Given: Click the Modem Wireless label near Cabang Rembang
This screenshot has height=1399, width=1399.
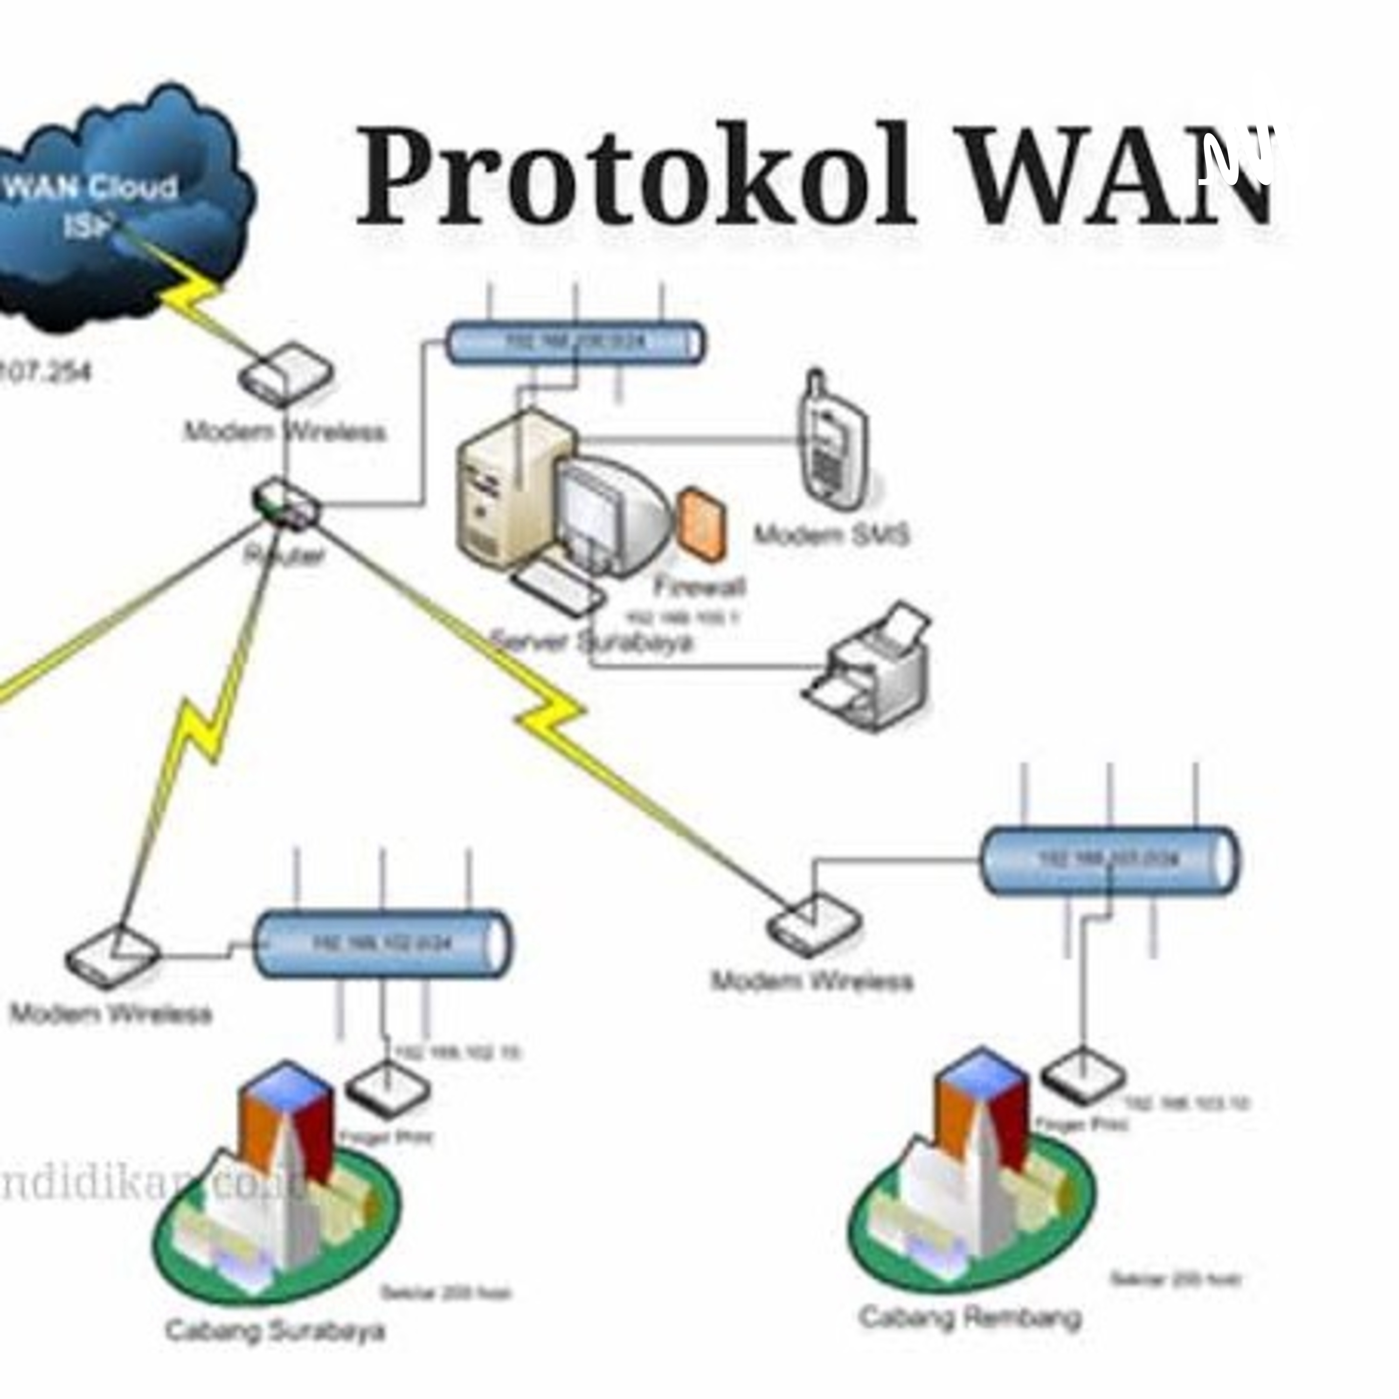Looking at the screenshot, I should point(811,981).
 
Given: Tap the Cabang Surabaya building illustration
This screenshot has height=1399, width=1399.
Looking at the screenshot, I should point(275,1188).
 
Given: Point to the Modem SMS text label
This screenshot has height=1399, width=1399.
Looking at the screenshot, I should point(831,536).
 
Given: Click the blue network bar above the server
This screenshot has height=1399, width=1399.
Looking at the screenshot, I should point(574,342).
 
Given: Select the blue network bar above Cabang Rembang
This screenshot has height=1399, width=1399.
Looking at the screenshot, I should point(1108,860).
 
